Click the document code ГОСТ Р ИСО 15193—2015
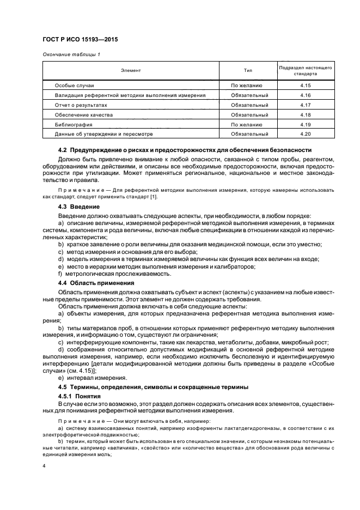click(80, 40)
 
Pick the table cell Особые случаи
click(75, 86)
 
